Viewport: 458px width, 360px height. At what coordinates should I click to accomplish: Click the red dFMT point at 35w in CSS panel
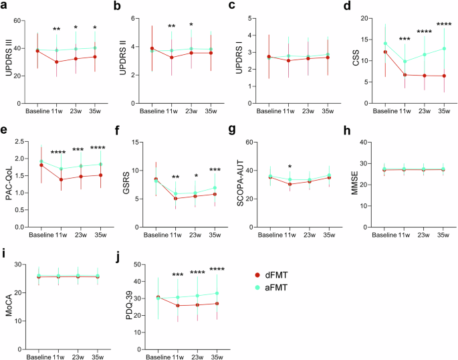tap(444, 76)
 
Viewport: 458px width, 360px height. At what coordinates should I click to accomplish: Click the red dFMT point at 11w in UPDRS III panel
tap(56, 62)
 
